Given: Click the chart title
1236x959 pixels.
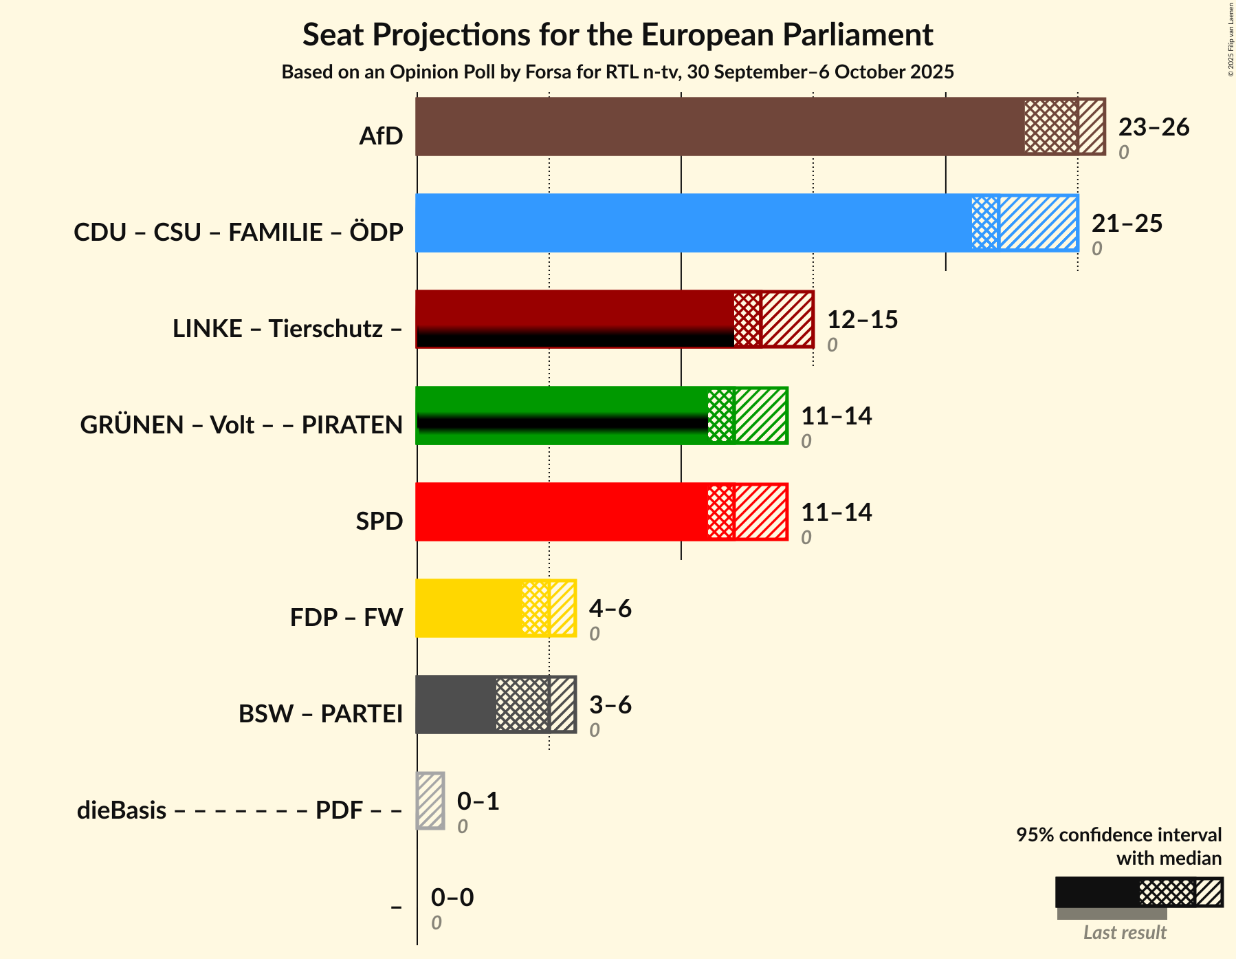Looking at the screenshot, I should (617, 34).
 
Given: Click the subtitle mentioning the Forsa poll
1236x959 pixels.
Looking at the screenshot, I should (617, 72).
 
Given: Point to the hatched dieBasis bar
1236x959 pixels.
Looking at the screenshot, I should (430, 801).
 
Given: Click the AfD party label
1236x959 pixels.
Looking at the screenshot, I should (381, 136).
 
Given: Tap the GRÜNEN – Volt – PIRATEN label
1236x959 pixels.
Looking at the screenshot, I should (241, 425).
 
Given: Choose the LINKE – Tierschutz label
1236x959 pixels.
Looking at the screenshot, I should (287, 329).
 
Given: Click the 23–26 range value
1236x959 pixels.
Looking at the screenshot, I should (1154, 127).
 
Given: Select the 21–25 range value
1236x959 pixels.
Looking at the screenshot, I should (1127, 224).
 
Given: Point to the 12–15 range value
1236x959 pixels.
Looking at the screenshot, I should (862, 320).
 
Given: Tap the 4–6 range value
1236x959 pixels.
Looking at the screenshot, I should (610, 609).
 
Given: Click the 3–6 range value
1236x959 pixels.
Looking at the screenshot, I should (610, 705).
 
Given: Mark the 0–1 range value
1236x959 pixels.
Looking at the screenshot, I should (478, 801).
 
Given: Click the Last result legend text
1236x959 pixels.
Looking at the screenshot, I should (1125, 933).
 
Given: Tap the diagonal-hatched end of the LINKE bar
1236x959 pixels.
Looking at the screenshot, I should (787, 319).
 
